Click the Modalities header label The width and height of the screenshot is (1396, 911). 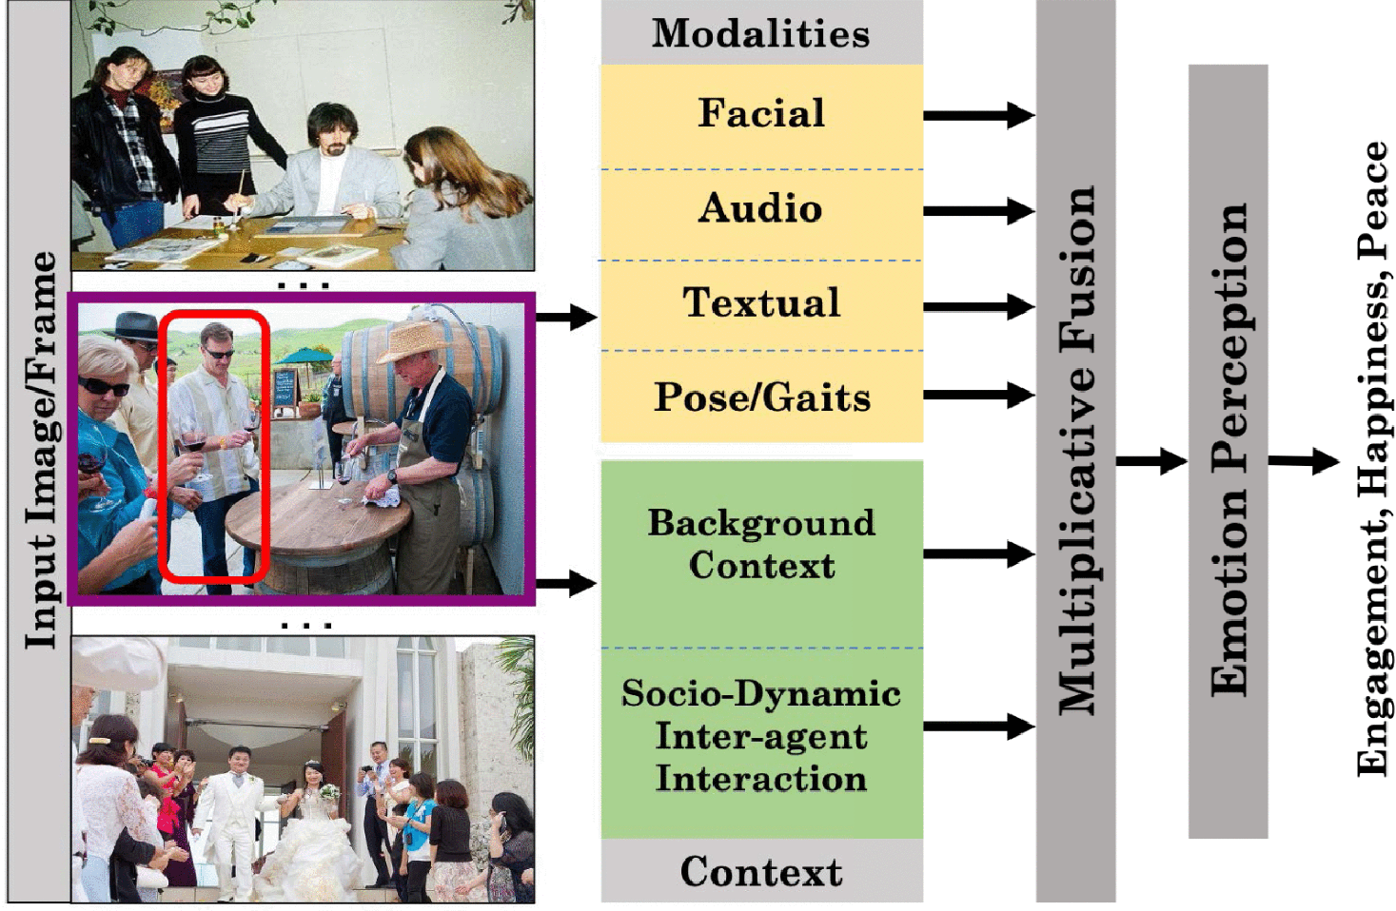click(x=760, y=33)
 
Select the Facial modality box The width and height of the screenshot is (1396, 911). click(x=761, y=114)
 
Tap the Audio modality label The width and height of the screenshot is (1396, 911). click(x=761, y=208)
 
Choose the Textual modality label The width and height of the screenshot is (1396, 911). click(x=761, y=303)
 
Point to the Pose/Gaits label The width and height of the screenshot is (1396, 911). click(x=761, y=397)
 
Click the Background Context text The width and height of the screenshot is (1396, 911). click(x=761, y=544)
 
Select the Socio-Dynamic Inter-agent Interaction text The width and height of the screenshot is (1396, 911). click(x=761, y=736)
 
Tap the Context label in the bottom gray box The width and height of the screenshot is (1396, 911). click(x=761, y=871)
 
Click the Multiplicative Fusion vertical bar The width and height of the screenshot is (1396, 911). click(x=1075, y=451)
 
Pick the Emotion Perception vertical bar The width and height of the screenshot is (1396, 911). click(x=1228, y=451)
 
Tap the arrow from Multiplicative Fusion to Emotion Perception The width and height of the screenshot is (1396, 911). click(x=1151, y=462)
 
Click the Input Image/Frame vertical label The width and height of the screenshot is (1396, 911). click(x=40, y=451)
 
